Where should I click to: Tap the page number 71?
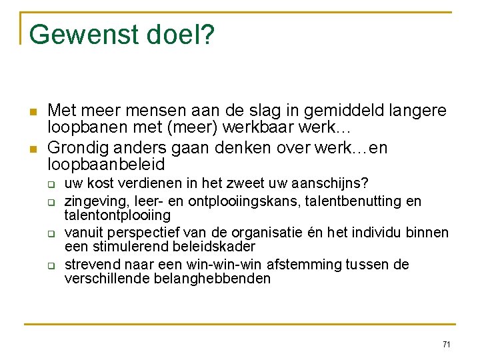click(446, 344)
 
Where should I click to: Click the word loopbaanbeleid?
click(107, 163)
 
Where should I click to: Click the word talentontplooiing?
click(117, 215)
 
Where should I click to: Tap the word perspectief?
click(141, 233)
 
